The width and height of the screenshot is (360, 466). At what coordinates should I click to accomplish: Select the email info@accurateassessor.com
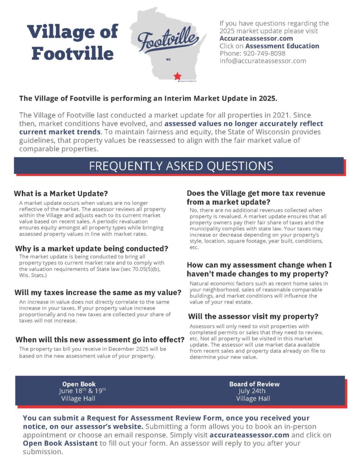click(263, 61)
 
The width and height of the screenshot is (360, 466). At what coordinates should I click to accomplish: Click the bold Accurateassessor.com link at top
click(256, 39)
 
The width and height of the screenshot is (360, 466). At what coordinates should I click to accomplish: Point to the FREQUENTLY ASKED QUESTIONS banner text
click(181, 166)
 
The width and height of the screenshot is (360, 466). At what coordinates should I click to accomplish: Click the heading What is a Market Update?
click(61, 193)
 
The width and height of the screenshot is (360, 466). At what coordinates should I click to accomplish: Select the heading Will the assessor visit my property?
click(253, 316)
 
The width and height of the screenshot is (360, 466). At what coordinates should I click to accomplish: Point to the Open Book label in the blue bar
click(79, 384)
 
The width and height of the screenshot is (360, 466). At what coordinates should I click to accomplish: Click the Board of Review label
click(254, 384)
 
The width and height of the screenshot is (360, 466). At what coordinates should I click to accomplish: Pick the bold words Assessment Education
click(282, 46)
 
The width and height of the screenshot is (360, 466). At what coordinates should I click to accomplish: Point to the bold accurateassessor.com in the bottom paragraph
click(249, 435)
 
